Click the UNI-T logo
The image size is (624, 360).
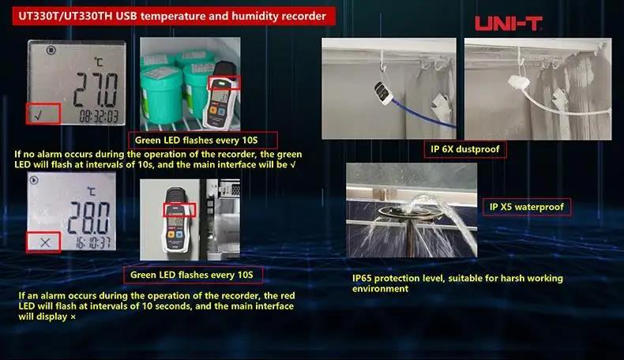tap(508, 23)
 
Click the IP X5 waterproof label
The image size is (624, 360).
tap(526, 207)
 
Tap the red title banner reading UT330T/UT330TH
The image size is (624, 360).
tap(171, 16)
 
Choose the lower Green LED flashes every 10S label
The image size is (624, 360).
tap(193, 275)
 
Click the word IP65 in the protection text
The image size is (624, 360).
tap(365, 279)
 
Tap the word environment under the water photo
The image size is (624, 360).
tap(381, 289)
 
